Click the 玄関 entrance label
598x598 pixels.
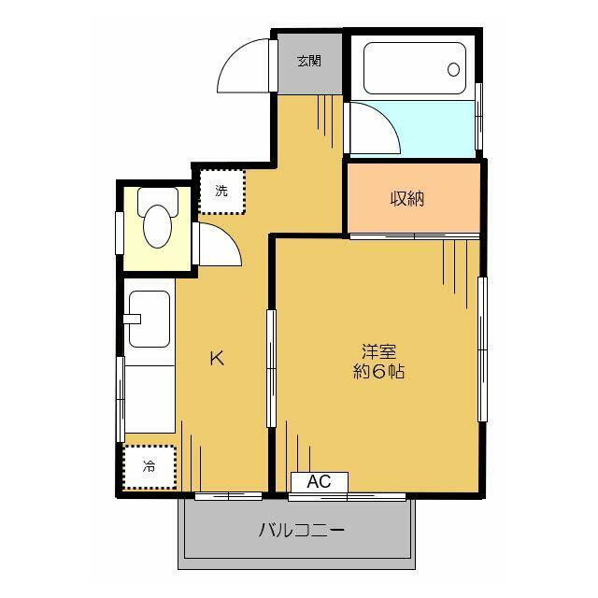pos(309,63)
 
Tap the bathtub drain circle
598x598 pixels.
pos(454,69)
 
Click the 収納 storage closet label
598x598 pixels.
pos(407,199)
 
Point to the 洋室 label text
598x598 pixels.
pos(379,352)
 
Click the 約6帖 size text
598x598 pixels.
pos(379,370)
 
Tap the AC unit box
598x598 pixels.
pos(319,482)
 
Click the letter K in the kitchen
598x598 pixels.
pos(216,358)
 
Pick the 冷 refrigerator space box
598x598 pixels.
pos(149,466)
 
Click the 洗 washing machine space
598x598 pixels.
pos(221,192)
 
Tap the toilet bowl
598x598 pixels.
pos(157,224)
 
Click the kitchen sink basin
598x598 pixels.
pos(149,319)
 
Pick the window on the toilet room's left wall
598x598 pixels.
pos(120,232)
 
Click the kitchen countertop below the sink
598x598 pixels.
pos(149,397)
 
